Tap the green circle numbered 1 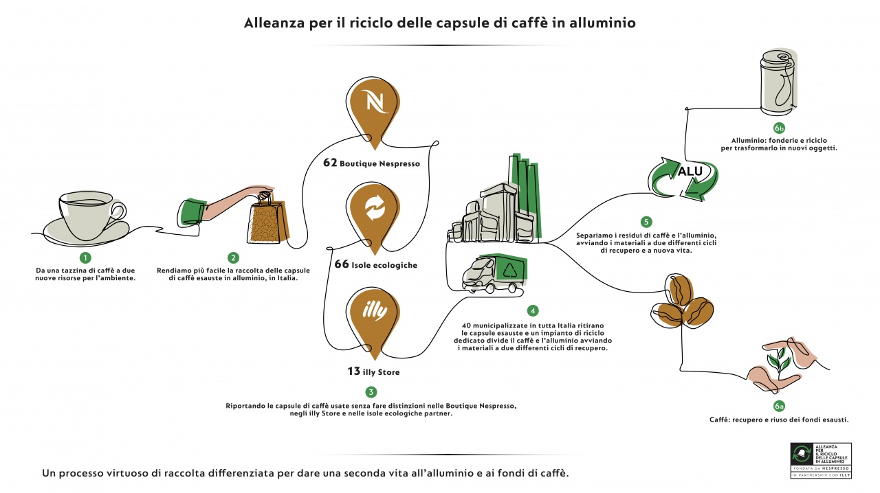coord(85,258)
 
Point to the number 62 coord(330,163)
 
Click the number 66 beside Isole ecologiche coord(341,264)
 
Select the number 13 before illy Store coord(353,371)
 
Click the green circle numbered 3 coord(371,392)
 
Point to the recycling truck coord(493,273)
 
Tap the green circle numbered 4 coord(533,310)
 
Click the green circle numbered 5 coord(646,222)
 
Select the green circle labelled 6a coord(779,406)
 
